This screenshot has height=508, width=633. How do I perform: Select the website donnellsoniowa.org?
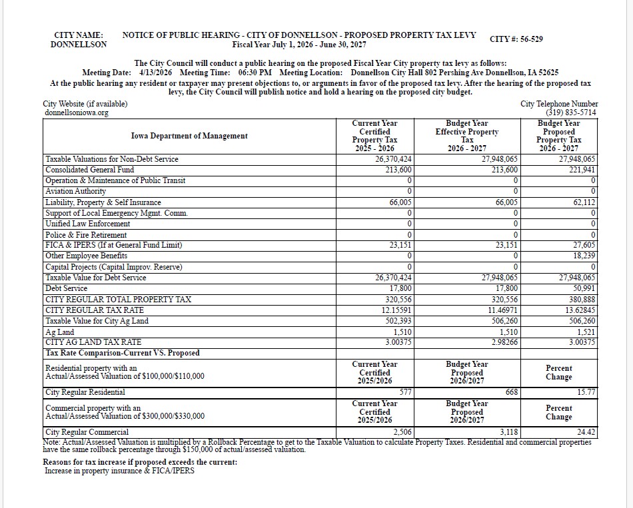pos(75,113)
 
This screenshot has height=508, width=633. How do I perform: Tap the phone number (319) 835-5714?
pos(571,113)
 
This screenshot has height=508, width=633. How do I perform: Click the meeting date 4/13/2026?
pos(156,73)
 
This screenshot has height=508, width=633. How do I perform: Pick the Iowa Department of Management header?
pos(189,136)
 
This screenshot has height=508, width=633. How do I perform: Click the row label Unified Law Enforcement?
pos(87,224)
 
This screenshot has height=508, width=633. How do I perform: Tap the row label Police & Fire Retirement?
pos(86,235)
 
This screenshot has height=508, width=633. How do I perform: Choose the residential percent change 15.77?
pos(586,393)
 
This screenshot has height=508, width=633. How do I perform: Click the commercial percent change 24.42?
pos(586,433)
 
